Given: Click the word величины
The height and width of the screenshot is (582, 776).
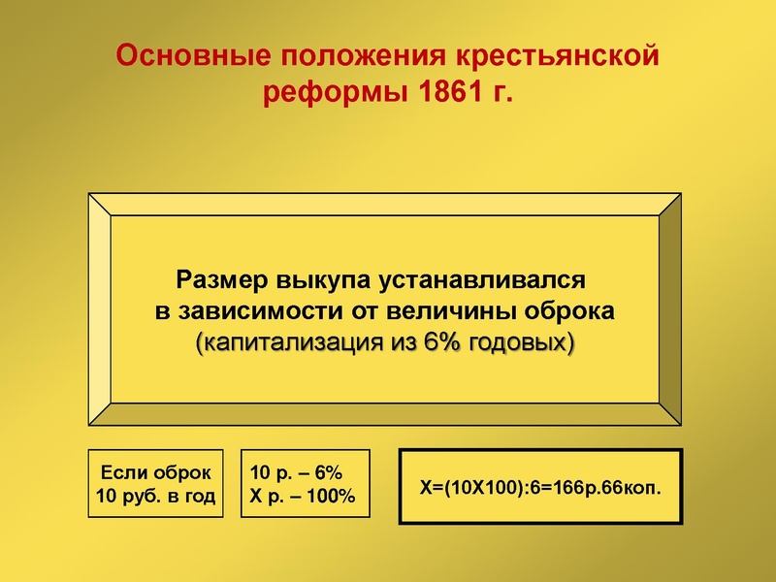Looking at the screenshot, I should [450, 312].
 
